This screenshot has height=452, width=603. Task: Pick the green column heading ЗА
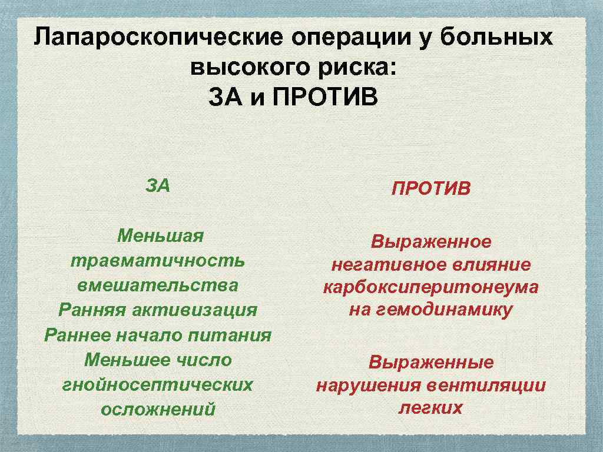tap(158, 185)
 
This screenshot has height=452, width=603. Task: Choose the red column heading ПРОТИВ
tap(431, 189)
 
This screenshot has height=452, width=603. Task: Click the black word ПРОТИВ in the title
tap(330, 97)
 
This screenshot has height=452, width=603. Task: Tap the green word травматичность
tap(158, 260)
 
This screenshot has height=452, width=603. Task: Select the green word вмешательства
tap(158, 285)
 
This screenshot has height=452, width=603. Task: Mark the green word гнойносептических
tap(158, 384)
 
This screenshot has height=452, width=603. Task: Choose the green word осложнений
tap(158, 409)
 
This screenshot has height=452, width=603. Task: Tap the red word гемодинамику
tap(450, 310)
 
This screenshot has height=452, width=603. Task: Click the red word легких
tap(431, 407)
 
